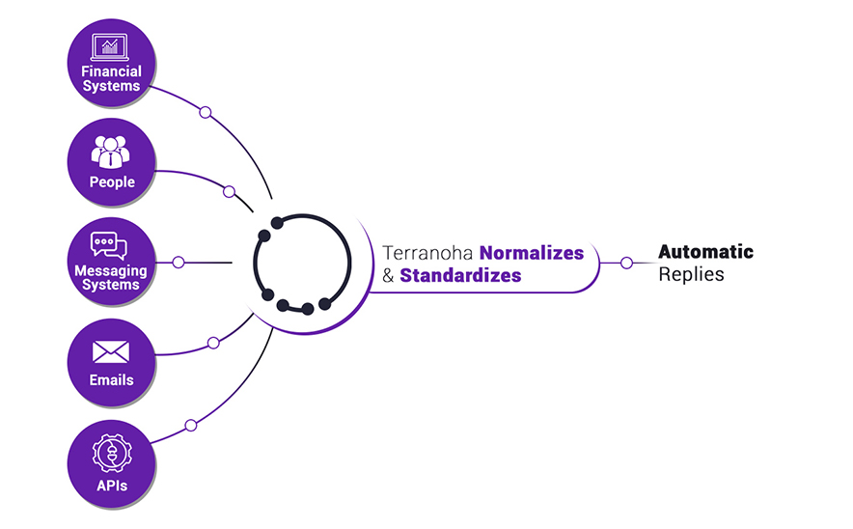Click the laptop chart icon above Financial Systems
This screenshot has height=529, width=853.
(111, 45)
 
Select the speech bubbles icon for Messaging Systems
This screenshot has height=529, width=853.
(110, 245)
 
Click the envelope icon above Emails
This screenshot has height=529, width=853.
(110, 351)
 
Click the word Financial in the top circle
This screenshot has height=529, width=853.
(111, 71)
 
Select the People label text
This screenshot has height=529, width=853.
(111, 181)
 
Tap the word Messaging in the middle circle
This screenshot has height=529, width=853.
(111, 270)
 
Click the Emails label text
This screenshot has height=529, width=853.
(111, 379)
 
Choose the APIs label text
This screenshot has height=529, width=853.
(110, 485)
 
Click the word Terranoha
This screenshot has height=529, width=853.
(427, 253)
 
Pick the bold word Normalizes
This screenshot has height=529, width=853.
(532, 253)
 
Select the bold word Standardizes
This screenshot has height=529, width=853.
(460, 275)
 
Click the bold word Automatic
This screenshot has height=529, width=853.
(705, 252)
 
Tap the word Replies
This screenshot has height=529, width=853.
(691, 274)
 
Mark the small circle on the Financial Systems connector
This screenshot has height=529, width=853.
(205, 113)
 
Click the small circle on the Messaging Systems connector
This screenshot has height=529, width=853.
(179, 262)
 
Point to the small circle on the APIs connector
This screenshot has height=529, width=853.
(190, 425)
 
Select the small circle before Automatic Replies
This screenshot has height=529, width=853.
(626, 263)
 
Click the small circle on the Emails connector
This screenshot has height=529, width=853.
(214, 342)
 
